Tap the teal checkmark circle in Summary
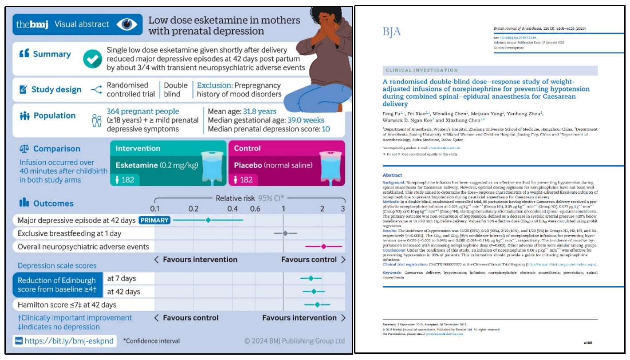92,59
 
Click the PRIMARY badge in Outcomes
154,220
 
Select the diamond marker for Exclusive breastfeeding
285,233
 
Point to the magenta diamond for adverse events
323,246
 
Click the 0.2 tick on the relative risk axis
193,209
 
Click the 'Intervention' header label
138,148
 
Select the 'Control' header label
248,148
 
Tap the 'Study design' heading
56,90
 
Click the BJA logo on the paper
391,32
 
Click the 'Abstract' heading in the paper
392,175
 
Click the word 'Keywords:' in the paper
393,272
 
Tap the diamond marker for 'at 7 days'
311,278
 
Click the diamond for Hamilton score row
317,305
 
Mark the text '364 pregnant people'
143,111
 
